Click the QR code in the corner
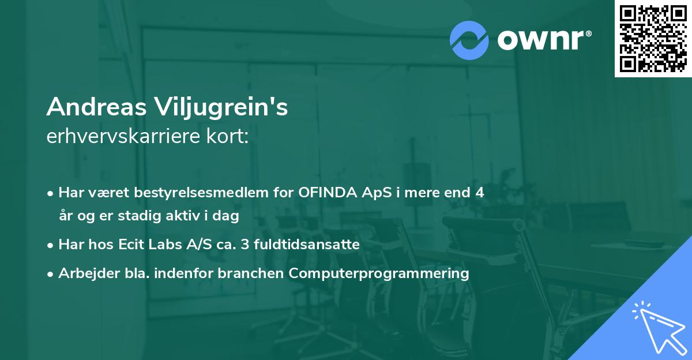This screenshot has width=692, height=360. click(x=653, y=39)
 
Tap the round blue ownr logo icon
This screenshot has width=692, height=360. click(x=469, y=40)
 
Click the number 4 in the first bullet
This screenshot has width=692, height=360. click(x=479, y=193)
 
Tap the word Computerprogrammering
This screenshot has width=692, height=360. click(x=379, y=273)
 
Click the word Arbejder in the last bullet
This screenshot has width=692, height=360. click(x=84, y=273)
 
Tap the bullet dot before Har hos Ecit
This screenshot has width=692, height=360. click(x=51, y=245)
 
